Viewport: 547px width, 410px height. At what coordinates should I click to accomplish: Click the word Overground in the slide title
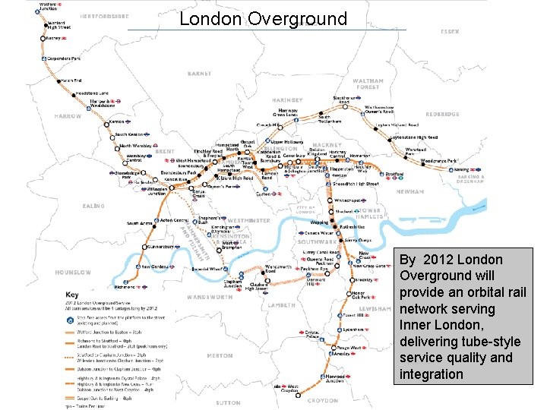(x=297, y=19)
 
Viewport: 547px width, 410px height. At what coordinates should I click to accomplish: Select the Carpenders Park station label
(x=65, y=57)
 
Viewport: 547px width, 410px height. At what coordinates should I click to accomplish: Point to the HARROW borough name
(x=67, y=116)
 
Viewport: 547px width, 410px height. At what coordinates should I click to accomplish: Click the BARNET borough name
(x=199, y=74)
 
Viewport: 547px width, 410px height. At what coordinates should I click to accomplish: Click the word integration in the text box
(x=432, y=374)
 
